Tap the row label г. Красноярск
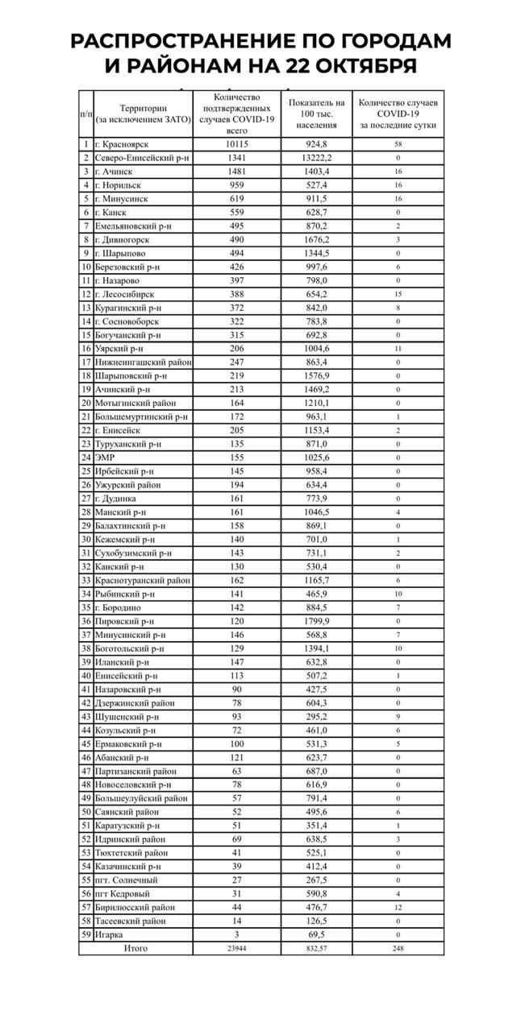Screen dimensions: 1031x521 [x=124, y=144]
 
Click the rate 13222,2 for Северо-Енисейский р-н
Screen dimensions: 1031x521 [x=316, y=158]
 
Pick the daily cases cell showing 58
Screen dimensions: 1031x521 [x=398, y=144]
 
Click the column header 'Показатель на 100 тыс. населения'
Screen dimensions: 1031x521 [x=316, y=114]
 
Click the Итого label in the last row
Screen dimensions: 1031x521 [x=135, y=948]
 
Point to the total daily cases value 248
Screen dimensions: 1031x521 [x=398, y=948]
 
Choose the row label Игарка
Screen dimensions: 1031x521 [x=110, y=934]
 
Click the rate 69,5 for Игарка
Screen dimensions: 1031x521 [x=316, y=934]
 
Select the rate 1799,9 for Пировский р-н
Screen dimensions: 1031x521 [x=316, y=621]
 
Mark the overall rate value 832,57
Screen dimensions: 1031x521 [x=316, y=948]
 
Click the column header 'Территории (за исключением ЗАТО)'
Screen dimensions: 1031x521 [x=143, y=114]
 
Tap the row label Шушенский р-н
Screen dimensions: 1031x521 [x=127, y=716]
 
